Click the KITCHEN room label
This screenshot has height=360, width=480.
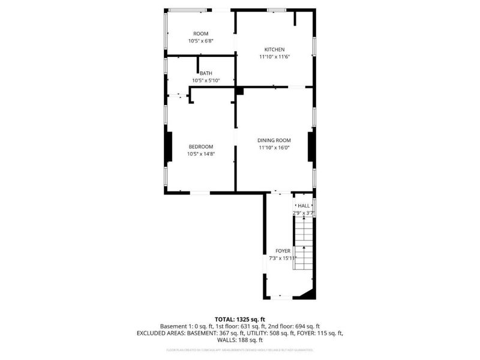pyautogui.click(x=274, y=49)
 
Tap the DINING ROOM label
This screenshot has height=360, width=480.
pyautogui.click(x=274, y=140)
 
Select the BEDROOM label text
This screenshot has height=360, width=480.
pyautogui.click(x=201, y=146)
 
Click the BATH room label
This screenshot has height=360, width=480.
pyautogui.click(x=206, y=73)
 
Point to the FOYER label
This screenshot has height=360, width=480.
pyautogui.click(x=283, y=251)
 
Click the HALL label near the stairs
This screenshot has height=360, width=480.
pyautogui.click(x=304, y=205)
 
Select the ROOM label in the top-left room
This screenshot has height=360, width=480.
pyautogui.click(x=200, y=33)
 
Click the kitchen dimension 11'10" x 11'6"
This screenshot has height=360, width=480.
pyautogui.click(x=274, y=56)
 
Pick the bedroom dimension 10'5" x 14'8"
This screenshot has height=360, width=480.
pyautogui.click(x=201, y=154)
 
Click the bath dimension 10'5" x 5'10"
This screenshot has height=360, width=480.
pyautogui.click(x=206, y=80)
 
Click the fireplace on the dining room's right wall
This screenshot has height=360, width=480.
pyautogui.click(x=311, y=147)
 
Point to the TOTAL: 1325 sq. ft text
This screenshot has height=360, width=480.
pyautogui.click(x=240, y=319)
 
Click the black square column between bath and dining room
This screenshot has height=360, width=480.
pyautogui.click(x=239, y=91)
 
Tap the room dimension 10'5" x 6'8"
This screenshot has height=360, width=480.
pyautogui.click(x=200, y=41)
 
